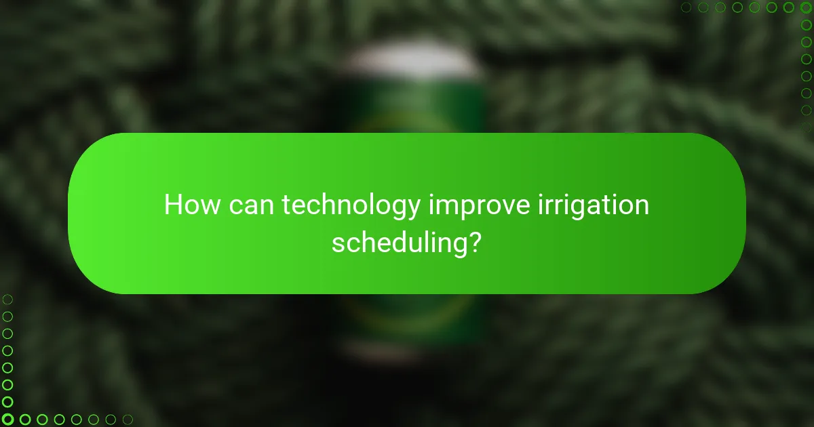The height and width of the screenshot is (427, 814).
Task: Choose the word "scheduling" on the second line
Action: pos(398,243)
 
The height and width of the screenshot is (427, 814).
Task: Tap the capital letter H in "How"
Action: pos(174,205)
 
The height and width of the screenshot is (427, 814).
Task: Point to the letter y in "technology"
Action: pos(413,209)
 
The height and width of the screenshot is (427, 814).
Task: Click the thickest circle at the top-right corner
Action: pos(806,7)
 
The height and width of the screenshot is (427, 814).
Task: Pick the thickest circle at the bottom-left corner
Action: pos(8,420)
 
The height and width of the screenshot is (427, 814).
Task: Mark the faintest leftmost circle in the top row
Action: pos(686,7)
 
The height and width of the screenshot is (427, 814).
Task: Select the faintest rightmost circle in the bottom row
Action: pos(127,420)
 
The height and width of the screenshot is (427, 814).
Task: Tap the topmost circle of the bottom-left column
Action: pos(8,299)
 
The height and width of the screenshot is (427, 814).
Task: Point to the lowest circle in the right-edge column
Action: pos(806,127)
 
